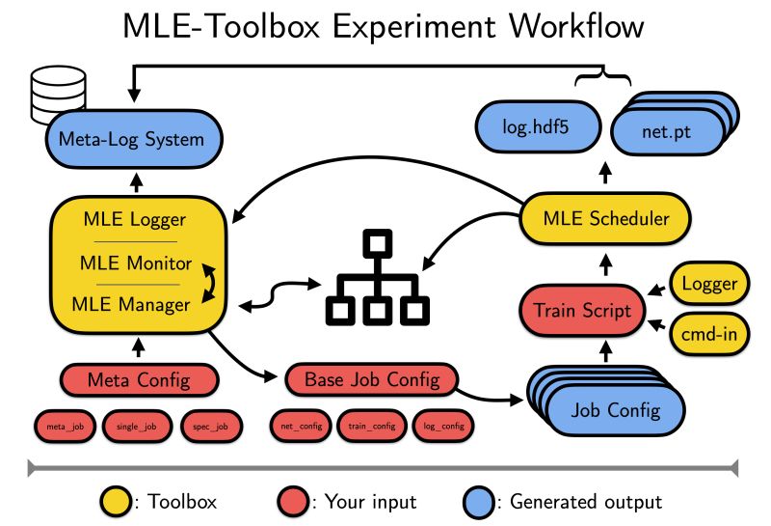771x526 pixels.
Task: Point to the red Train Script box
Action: (583, 310)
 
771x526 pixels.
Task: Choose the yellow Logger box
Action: (709, 283)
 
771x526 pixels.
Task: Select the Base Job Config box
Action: (371, 378)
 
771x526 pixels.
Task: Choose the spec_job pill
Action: (210, 425)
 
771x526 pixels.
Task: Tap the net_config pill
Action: (301, 425)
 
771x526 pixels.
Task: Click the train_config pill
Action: (372, 425)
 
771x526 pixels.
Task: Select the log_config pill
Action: (444, 425)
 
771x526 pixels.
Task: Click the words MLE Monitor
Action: (136, 263)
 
